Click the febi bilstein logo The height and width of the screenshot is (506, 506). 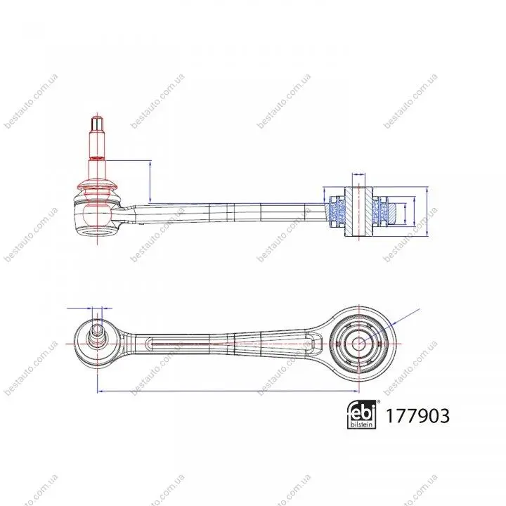(x=362, y=415)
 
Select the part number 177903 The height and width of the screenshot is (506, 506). (x=417, y=415)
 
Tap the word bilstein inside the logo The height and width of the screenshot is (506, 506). (x=362, y=424)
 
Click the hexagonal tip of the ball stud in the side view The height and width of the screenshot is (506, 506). (x=97, y=122)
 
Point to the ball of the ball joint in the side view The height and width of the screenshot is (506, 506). (x=97, y=214)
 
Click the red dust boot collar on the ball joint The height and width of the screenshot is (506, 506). (x=97, y=186)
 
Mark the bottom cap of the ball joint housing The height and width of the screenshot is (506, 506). (x=97, y=231)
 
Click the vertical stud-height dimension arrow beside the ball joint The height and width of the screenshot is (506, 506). (x=150, y=181)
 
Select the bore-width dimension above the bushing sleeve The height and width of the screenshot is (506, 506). (x=358, y=174)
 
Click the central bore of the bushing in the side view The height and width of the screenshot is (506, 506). (x=358, y=212)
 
